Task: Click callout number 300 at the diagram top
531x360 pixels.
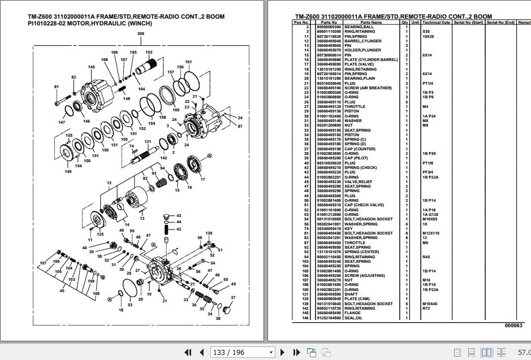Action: pos(140,34)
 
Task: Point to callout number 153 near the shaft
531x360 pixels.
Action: pos(149,52)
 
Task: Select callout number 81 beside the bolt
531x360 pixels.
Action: pos(56,86)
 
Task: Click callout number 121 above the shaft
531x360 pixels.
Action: pos(148,141)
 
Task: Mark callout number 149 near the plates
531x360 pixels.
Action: pos(68,171)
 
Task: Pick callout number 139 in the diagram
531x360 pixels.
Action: pos(209,233)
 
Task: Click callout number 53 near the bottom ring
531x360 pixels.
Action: pos(130,305)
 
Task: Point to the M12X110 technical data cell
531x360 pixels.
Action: pos(431,233)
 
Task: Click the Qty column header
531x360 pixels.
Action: pos(404,22)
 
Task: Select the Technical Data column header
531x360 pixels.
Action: pos(435,22)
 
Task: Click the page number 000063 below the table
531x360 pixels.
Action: pos(513,326)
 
